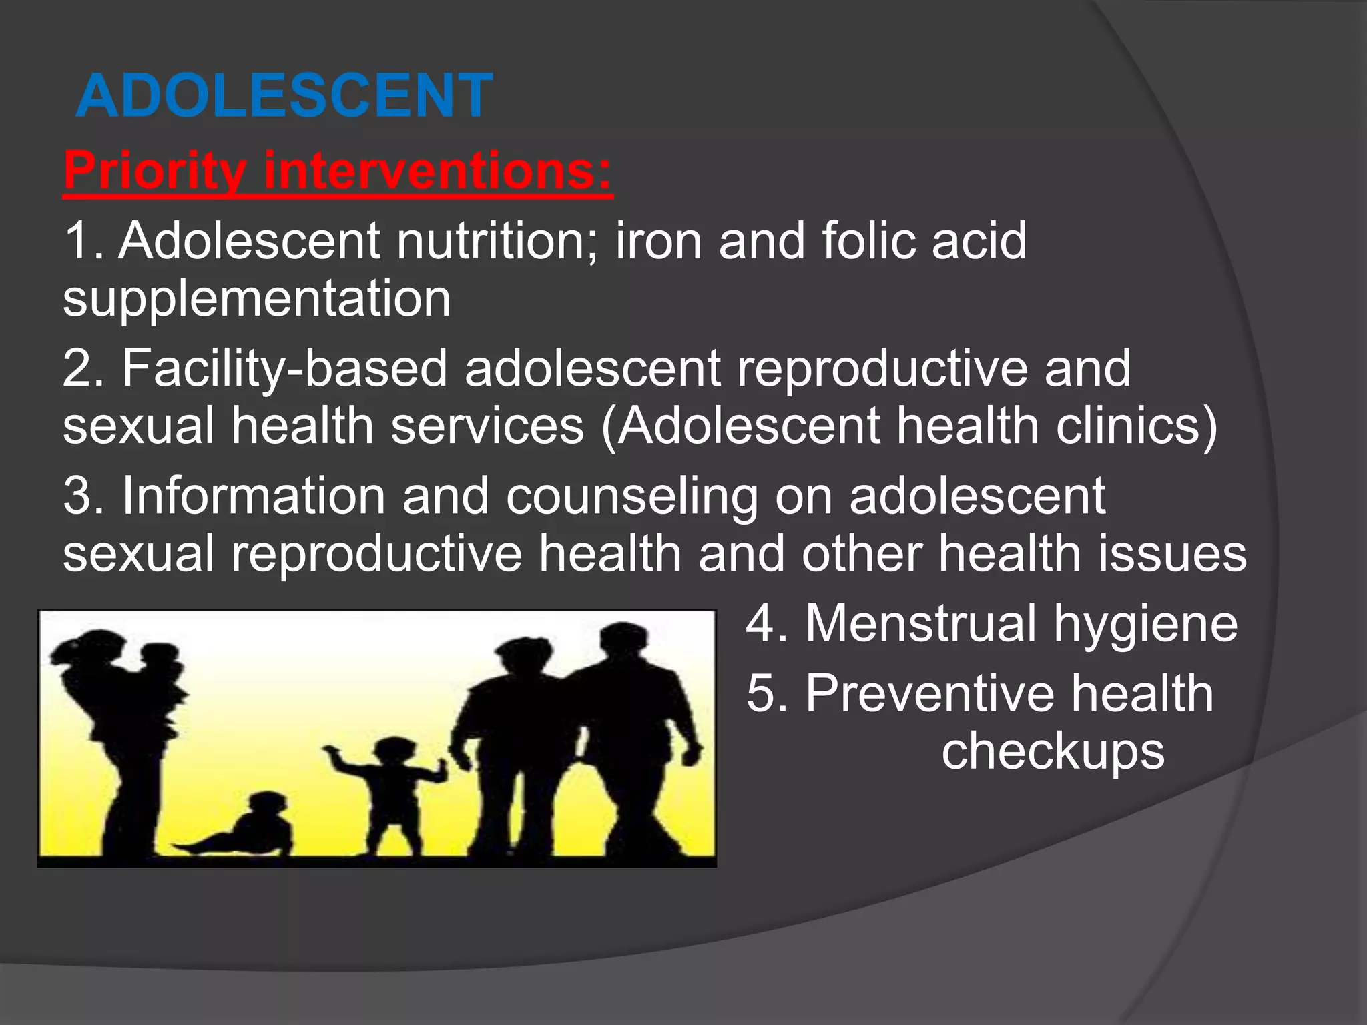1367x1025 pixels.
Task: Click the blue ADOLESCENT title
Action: pos(284,96)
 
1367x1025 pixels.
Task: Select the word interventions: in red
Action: pos(437,171)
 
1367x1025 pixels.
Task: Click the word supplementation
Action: pos(257,299)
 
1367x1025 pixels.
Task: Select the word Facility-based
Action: pos(284,368)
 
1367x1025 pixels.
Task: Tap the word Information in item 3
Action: pos(254,496)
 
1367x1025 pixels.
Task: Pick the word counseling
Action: pos(631,496)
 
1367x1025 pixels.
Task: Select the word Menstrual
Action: pos(921,623)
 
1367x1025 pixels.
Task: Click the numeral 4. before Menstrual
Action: pos(766,623)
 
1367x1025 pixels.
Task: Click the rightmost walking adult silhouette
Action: pos(631,734)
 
